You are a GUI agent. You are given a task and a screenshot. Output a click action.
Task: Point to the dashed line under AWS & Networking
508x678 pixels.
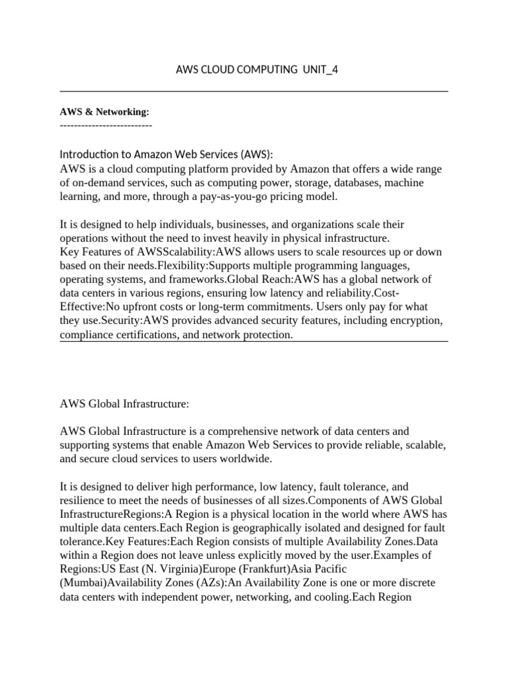tap(106, 124)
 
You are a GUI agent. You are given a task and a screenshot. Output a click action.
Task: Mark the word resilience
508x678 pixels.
tap(83, 500)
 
